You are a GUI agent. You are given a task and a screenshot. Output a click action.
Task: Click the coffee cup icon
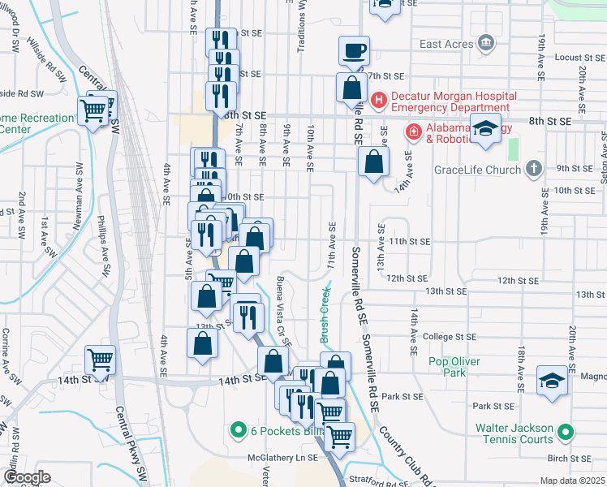[x=353, y=51]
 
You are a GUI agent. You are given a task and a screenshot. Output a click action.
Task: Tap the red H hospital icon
[x=377, y=100]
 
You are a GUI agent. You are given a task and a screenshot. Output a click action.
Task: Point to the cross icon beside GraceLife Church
[x=532, y=168]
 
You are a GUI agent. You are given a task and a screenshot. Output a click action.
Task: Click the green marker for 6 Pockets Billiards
[x=238, y=429]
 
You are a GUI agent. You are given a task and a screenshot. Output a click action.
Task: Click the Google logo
[x=28, y=477]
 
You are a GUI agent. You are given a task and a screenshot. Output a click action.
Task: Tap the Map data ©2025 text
[x=572, y=481]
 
